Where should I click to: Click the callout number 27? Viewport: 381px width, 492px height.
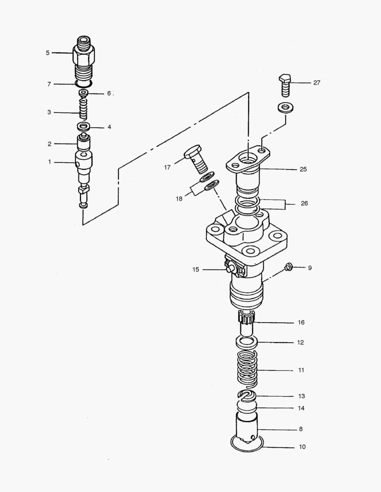pos(316,83)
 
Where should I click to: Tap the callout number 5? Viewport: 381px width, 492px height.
pos(47,53)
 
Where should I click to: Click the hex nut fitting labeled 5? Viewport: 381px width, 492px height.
pos(83,57)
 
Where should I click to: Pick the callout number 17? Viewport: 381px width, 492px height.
pos(167,168)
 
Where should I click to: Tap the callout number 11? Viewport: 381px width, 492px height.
pos(301,370)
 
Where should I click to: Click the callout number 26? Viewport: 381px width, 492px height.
pos(304,203)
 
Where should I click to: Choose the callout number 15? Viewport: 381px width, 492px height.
pos(196,270)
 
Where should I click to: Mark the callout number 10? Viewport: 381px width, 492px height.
pos(302,447)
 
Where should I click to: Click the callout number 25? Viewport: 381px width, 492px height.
pos(303,169)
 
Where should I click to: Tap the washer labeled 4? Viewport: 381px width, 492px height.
pos(84,126)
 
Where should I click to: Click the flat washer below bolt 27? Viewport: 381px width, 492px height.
pos(285,108)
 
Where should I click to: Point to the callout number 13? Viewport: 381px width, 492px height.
pos(301,396)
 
